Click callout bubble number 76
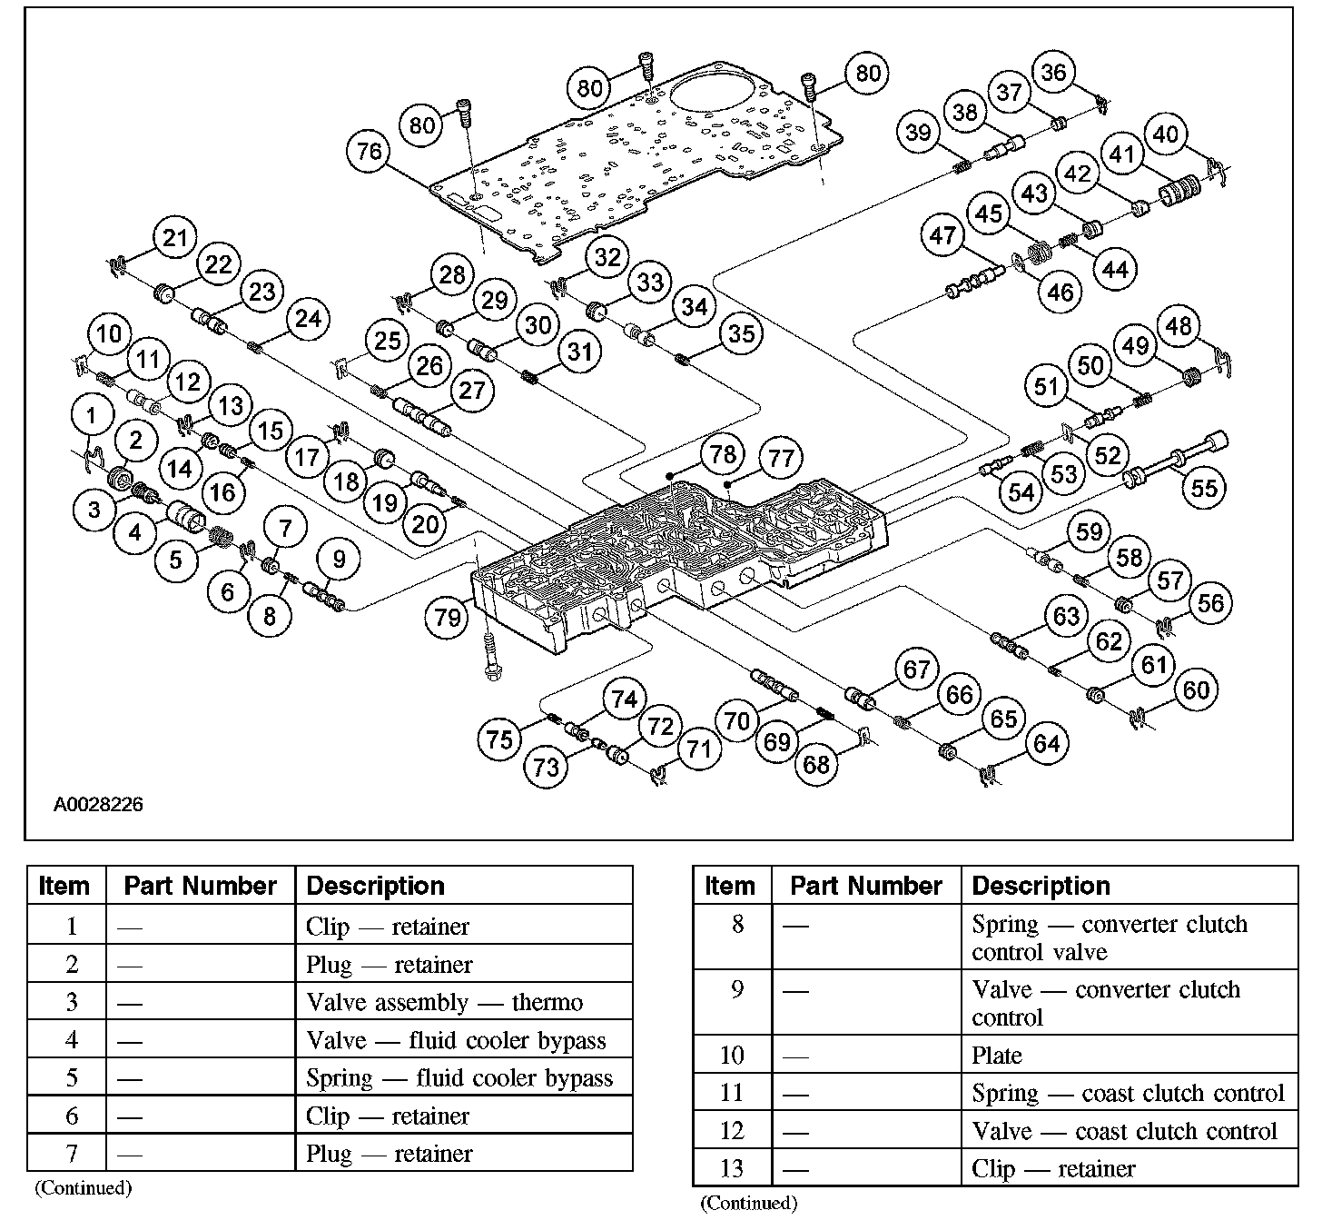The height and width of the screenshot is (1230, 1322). click(x=370, y=150)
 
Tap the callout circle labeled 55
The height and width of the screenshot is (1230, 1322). click(x=1203, y=489)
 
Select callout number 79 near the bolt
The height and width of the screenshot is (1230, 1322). click(x=448, y=619)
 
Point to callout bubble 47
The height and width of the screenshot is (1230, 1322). click(x=942, y=236)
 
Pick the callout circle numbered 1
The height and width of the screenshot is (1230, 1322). click(x=92, y=417)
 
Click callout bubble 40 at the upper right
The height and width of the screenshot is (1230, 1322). click(x=1165, y=134)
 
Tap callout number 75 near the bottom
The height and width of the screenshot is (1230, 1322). click(x=500, y=739)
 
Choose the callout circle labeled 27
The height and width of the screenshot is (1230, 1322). click(x=472, y=391)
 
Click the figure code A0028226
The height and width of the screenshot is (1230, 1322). click(x=98, y=805)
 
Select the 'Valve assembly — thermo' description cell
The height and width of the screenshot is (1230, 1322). click(x=444, y=1002)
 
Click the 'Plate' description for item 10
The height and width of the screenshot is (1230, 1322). click(x=997, y=1056)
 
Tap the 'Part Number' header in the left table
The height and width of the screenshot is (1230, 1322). click(x=200, y=886)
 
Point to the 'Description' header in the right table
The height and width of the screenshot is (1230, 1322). click(x=1041, y=886)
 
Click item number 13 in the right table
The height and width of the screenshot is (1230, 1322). click(x=732, y=1168)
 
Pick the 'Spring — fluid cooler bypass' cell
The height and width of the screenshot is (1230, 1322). click(x=459, y=1078)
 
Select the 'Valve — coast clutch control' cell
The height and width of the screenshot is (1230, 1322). click(x=1124, y=1131)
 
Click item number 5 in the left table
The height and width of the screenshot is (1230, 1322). click(x=72, y=1078)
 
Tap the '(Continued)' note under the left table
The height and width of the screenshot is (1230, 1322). click(x=83, y=1187)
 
